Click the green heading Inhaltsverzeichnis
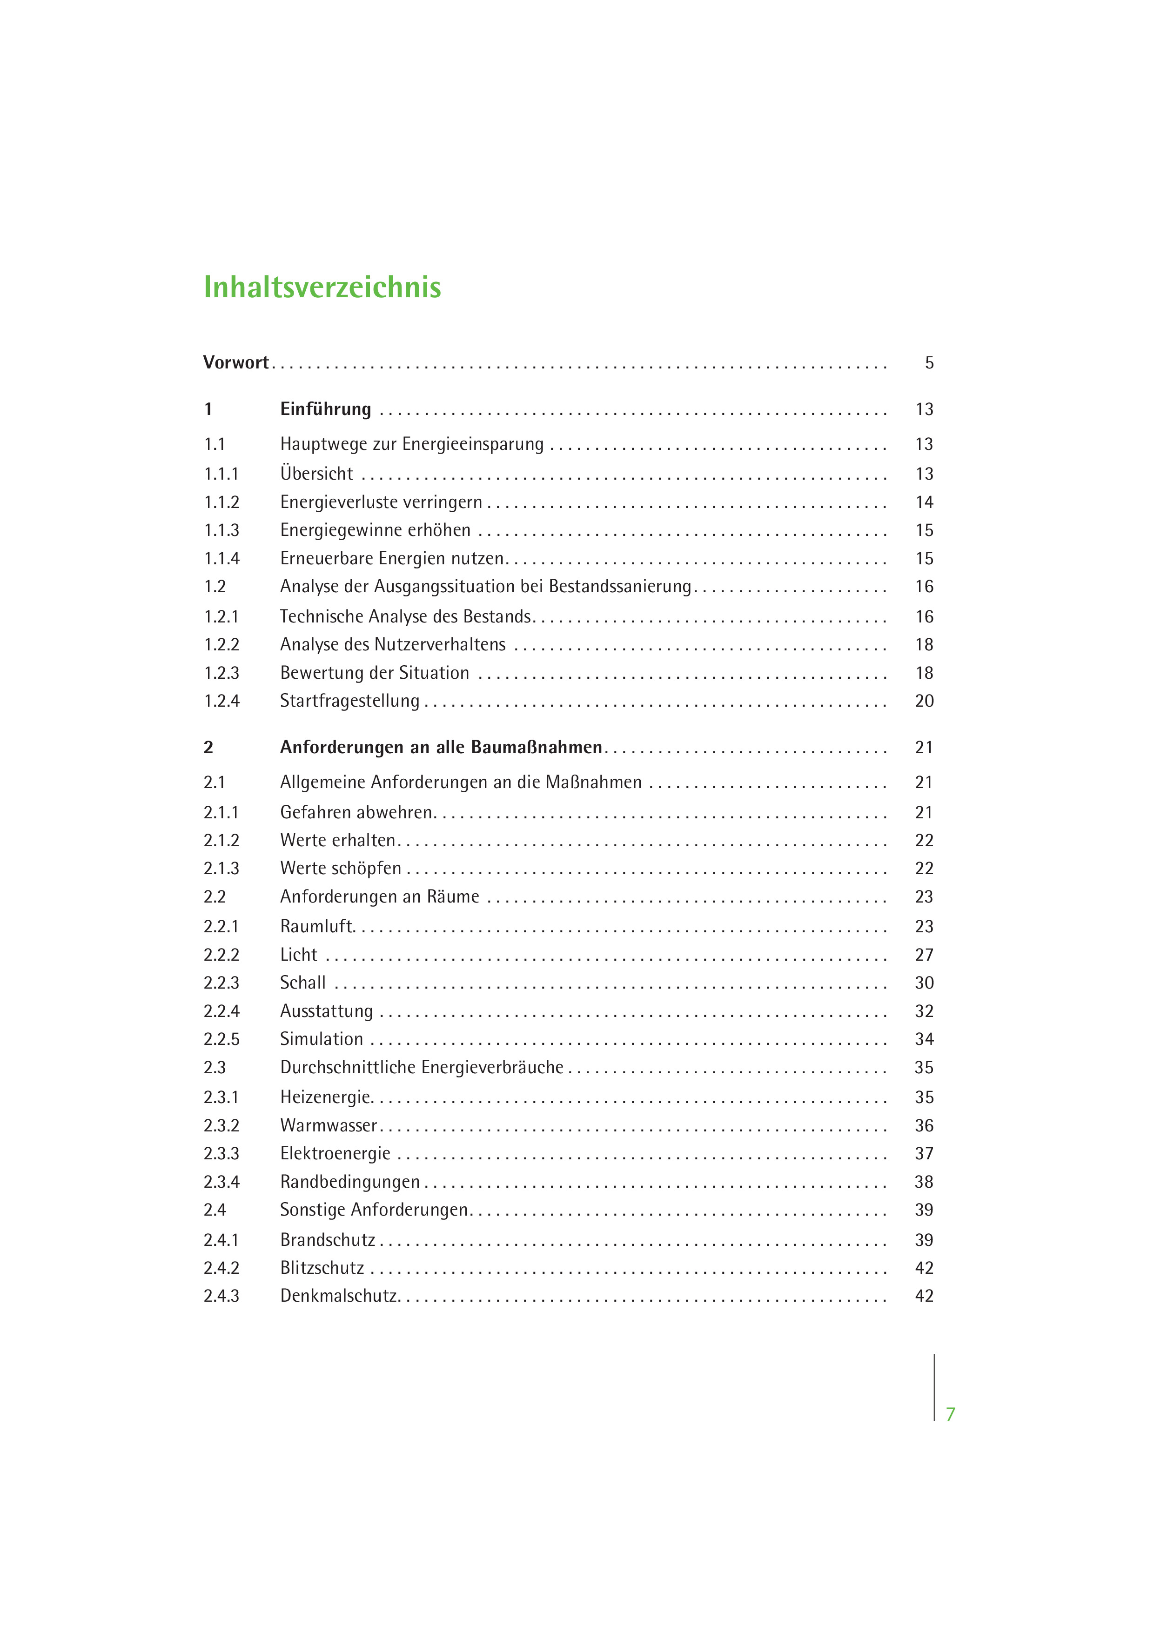click(322, 287)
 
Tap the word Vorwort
click(235, 362)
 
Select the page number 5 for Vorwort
click(929, 363)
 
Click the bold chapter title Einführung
click(326, 409)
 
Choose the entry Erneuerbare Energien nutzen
click(392, 559)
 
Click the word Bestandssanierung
click(619, 586)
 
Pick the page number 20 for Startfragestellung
click(924, 701)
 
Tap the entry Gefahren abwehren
click(356, 812)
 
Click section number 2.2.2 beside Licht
click(221, 955)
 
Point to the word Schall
click(303, 983)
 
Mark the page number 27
click(924, 955)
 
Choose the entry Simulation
click(322, 1039)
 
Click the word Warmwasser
click(329, 1125)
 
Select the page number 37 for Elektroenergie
click(924, 1154)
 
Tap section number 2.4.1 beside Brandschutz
click(221, 1240)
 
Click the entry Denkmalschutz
click(338, 1296)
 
